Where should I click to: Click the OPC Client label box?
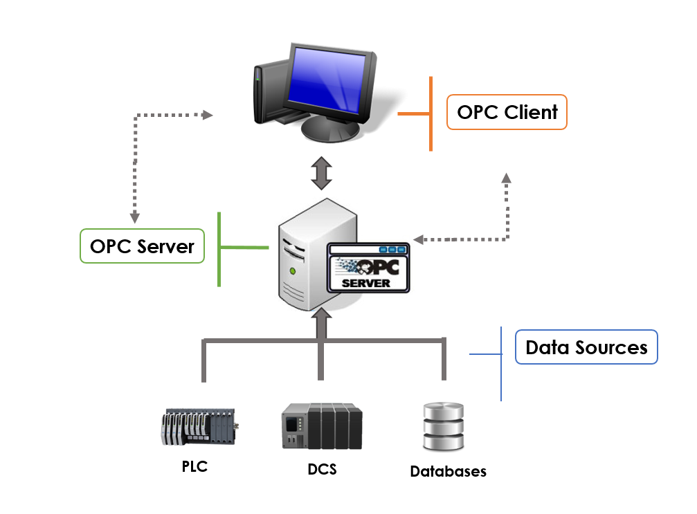[507, 112]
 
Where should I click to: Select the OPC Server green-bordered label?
[142, 246]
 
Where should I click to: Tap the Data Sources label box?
[586, 347]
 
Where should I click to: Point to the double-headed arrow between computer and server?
[321, 174]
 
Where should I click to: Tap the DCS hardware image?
[322, 425]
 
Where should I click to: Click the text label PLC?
[194, 466]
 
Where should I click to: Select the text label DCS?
[322, 469]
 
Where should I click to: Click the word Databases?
[448, 472]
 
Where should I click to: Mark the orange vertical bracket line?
[431, 113]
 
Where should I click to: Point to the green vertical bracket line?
[219, 248]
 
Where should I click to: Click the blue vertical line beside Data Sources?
[500, 364]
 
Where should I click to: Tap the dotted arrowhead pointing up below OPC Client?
[507, 178]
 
